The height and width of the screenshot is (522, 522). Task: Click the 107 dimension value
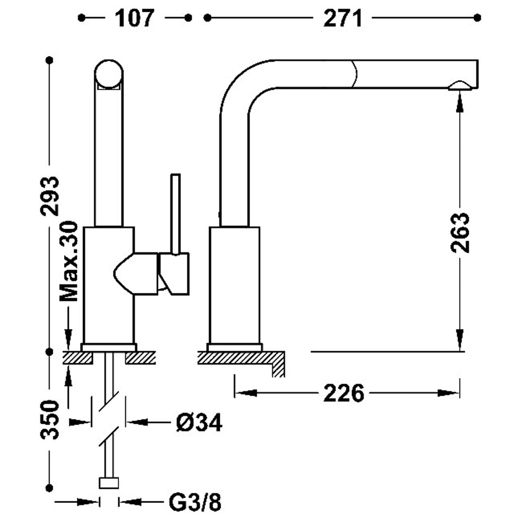point(134,18)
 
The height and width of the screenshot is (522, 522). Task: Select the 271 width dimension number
point(343,18)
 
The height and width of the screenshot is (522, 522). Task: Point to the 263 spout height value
point(460,232)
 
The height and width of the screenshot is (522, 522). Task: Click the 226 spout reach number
point(344,393)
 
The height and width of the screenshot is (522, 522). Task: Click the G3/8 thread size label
point(195,502)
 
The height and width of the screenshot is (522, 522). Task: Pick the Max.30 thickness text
point(69,261)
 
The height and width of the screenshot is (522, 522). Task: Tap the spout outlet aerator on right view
point(460,86)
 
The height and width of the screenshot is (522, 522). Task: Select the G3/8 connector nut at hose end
point(109,483)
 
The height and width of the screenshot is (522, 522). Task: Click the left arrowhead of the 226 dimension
point(245,393)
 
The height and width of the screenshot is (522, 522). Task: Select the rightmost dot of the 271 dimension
point(478,17)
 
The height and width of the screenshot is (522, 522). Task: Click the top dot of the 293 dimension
point(49,61)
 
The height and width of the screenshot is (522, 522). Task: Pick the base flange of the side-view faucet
point(235,347)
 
